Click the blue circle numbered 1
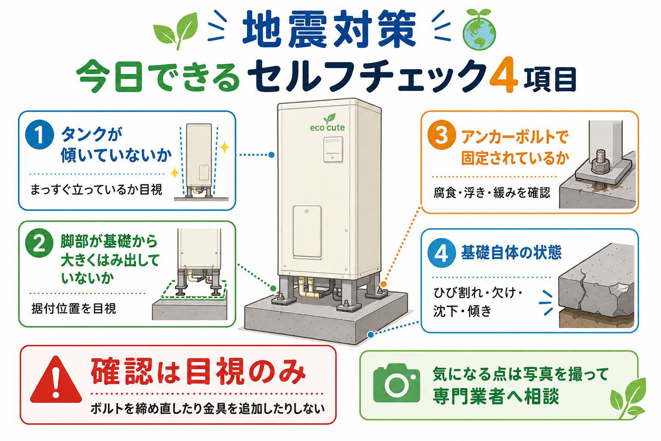tap(40, 134)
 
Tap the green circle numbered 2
tap(39, 243)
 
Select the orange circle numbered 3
tap(442, 135)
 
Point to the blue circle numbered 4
tap(442, 253)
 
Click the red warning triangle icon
tap(56, 380)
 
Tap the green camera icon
tap(396, 383)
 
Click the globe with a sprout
tap(479, 31)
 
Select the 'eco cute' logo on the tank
tap(327, 123)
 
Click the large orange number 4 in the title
tap(503, 76)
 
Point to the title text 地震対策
tap(329, 30)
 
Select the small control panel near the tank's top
tap(333, 149)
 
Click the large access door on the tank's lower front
tap(307, 232)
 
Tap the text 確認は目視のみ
tap(198, 372)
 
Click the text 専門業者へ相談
tap(496, 396)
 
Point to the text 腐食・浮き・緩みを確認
tap(492, 193)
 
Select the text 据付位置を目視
tap(74, 309)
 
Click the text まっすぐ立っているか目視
tap(96, 189)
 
